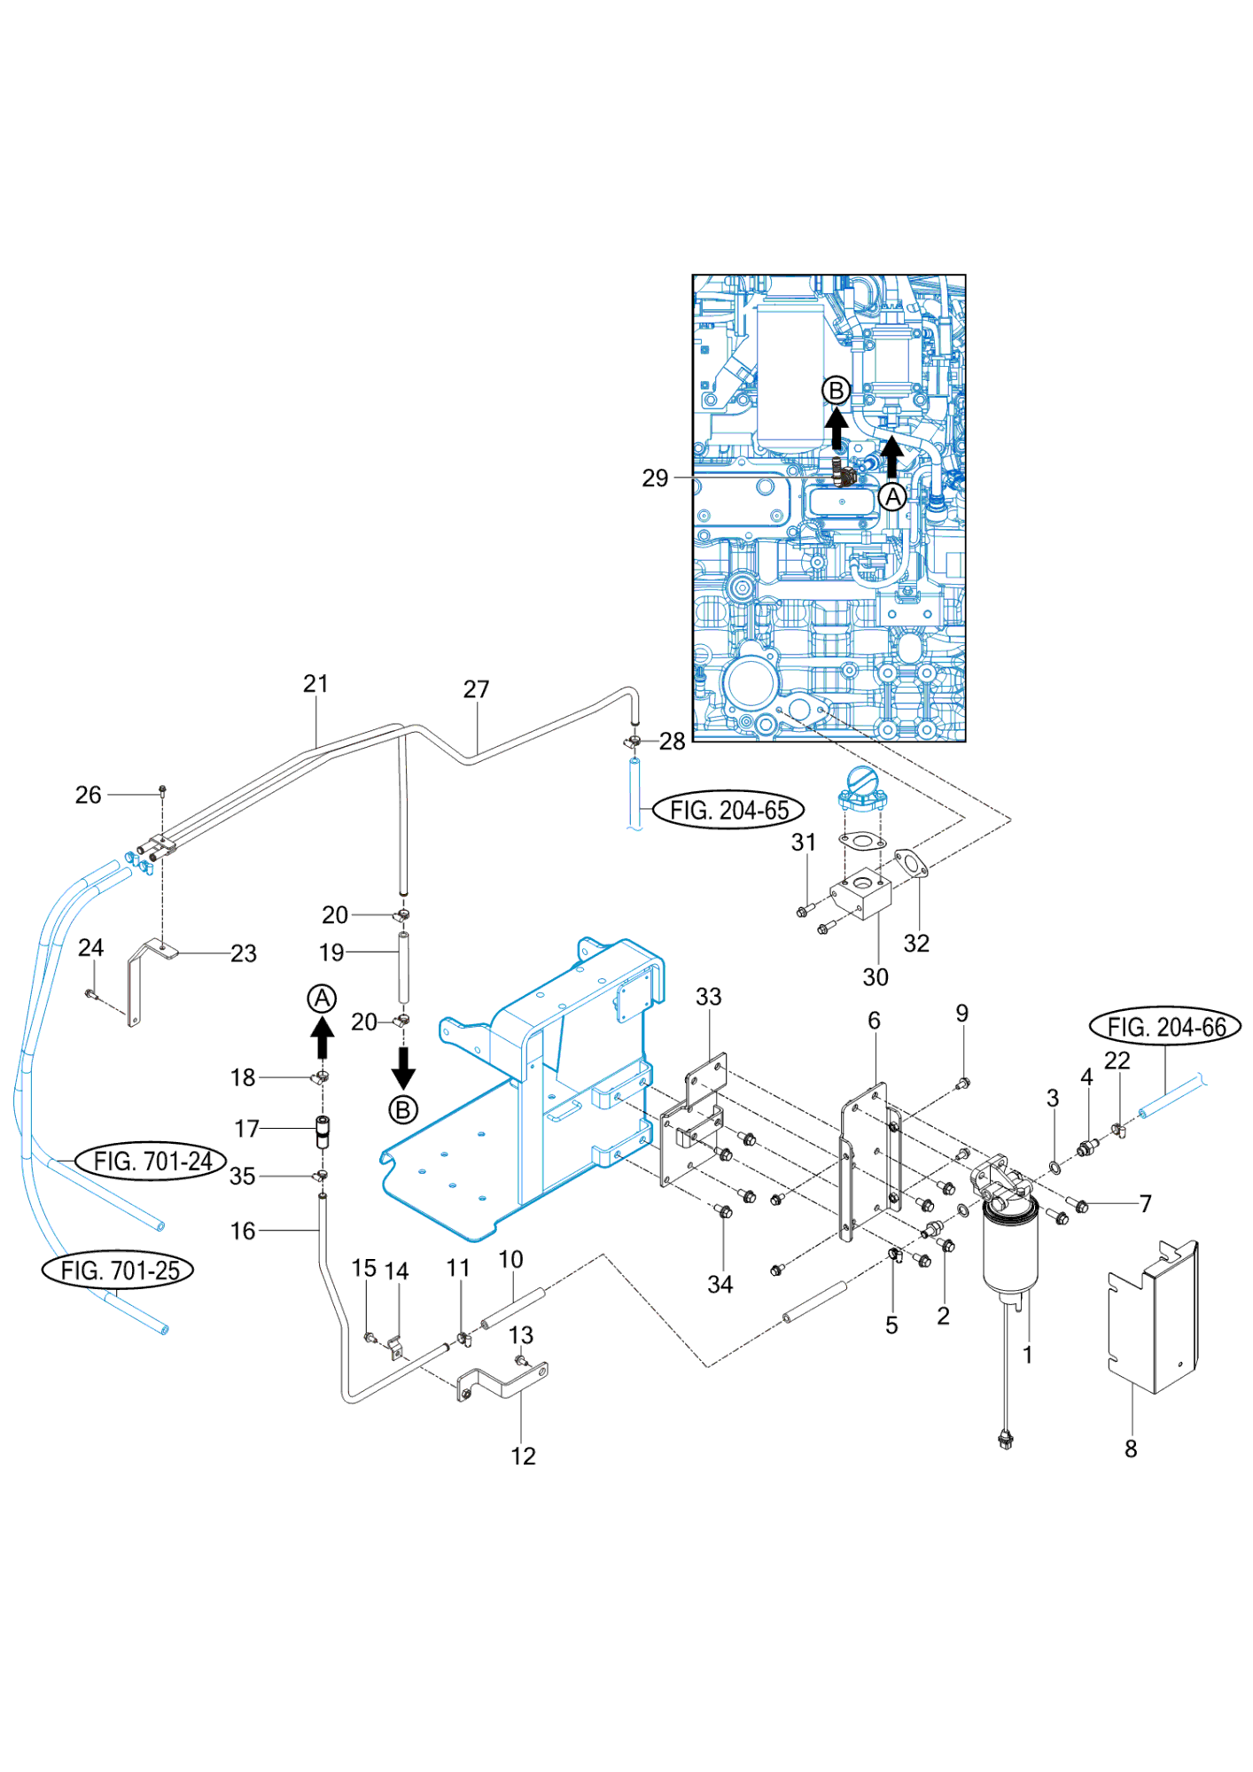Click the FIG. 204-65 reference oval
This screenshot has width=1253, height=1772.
point(728,810)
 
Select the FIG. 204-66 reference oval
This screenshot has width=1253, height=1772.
point(1165,1027)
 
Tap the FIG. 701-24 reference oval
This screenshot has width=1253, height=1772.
point(152,1161)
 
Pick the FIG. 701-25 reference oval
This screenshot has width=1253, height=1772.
point(119,1270)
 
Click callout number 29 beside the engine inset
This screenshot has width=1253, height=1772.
point(655,478)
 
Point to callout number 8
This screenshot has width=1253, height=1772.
point(1131,1449)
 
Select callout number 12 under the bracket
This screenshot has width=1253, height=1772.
point(523,1456)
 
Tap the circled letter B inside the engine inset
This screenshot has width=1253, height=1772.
point(836,390)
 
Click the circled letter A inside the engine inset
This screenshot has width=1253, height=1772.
point(892,496)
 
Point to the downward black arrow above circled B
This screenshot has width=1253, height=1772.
point(403,1067)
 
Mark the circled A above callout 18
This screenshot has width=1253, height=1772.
point(322,999)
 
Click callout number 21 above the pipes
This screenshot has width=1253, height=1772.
point(315,684)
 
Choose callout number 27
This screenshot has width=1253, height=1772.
point(476,689)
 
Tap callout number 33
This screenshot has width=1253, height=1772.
point(708,997)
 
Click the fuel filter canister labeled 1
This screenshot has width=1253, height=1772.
point(1009,1250)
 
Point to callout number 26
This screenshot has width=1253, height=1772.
point(88,795)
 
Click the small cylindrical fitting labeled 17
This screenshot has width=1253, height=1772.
point(323,1131)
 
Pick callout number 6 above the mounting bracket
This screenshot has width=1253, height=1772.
point(874,1021)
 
